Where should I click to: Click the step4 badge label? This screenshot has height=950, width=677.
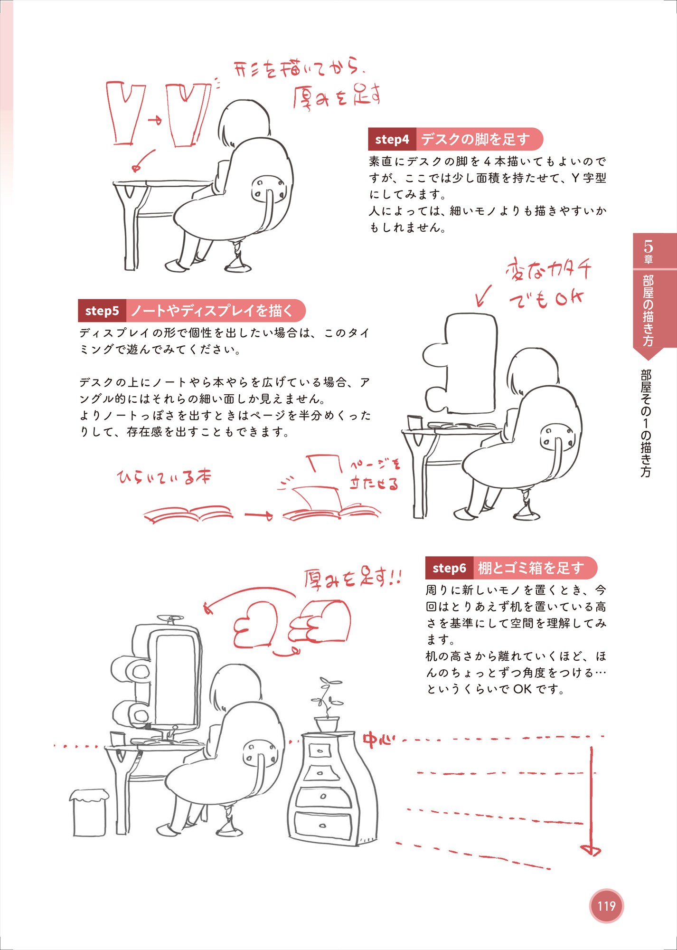pos(392,139)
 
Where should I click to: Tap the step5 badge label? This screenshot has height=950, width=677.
pos(102,311)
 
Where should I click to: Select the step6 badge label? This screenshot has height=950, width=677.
pos(449,568)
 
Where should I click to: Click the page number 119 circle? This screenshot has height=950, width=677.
pos(606,906)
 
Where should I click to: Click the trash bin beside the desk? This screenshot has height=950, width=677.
pos(89,813)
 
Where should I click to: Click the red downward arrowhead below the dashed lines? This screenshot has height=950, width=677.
pos(591,849)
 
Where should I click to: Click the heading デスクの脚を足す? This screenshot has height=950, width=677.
pos(475,139)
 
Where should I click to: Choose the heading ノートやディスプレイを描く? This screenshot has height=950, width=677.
pos(212,311)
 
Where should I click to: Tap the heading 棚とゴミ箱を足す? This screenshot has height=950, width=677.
pos(531,568)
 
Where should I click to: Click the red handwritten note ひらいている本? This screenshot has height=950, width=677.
pos(164,477)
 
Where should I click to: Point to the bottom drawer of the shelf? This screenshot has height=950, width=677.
pos(323,826)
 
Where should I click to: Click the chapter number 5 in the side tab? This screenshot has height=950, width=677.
pos(648,247)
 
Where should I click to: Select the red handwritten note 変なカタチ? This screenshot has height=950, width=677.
pos(548,270)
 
